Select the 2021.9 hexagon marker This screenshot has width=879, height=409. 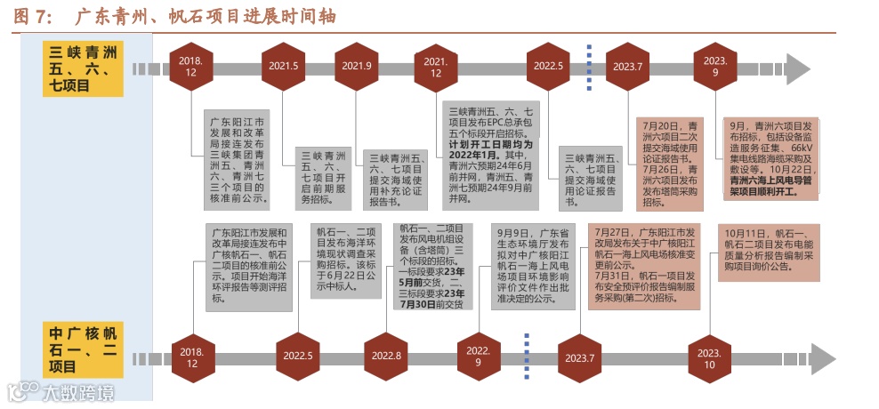pyautogui.click(x=357, y=67)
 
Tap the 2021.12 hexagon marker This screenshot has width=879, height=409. pyautogui.click(x=436, y=67)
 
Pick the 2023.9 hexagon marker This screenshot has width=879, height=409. pyautogui.click(x=715, y=67)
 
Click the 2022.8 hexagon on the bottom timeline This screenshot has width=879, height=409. pyautogui.click(x=387, y=356)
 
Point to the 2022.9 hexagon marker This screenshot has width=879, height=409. pyautogui.click(x=479, y=356)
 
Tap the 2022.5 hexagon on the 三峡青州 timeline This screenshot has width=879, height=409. pyautogui.click(x=549, y=67)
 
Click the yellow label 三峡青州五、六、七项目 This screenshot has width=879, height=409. pyautogui.click(x=84, y=68)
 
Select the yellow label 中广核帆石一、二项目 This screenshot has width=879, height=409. pyautogui.click(x=84, y=350)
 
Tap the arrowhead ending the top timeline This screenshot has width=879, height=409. pyautogui.click(x=797, y=68)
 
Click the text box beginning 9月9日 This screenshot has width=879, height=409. pyautogui.click(x=532, y=263)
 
